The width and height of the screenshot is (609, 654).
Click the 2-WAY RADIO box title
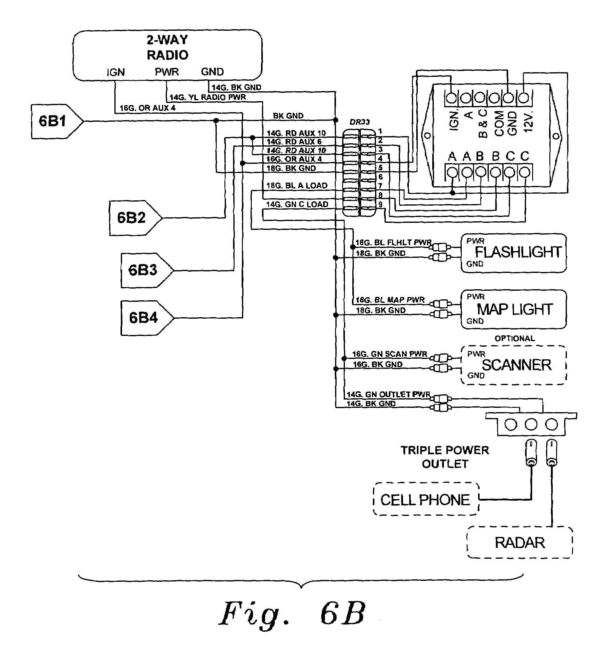click(167, 47)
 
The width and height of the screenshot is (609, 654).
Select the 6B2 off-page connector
click(133, 218)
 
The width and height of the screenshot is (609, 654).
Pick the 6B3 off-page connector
click(144, 270)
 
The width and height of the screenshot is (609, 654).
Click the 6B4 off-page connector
click(145, 318)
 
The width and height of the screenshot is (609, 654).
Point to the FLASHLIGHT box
click(513, 253)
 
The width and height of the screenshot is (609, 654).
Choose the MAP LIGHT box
click(513, 309)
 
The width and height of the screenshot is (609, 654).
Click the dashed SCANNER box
click(513, 365)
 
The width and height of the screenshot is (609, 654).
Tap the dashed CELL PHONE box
click(425, 500)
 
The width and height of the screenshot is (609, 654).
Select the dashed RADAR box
click(520, 543)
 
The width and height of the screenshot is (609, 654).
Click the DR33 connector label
click(359, 122)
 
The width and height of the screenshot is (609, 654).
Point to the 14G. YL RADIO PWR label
click(208, 97)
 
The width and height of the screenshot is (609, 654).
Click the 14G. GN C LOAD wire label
click(297, 204)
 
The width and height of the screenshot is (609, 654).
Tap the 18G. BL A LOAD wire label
click(297, 186)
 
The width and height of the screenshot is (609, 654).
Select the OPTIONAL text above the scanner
click(515, 338)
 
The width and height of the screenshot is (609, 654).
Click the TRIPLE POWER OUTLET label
click(445, 457)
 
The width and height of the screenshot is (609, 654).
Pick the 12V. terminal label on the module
click(528, 121)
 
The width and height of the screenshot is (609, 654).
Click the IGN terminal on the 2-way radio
click(116, 72)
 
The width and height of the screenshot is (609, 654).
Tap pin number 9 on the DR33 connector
click(380, 204)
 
